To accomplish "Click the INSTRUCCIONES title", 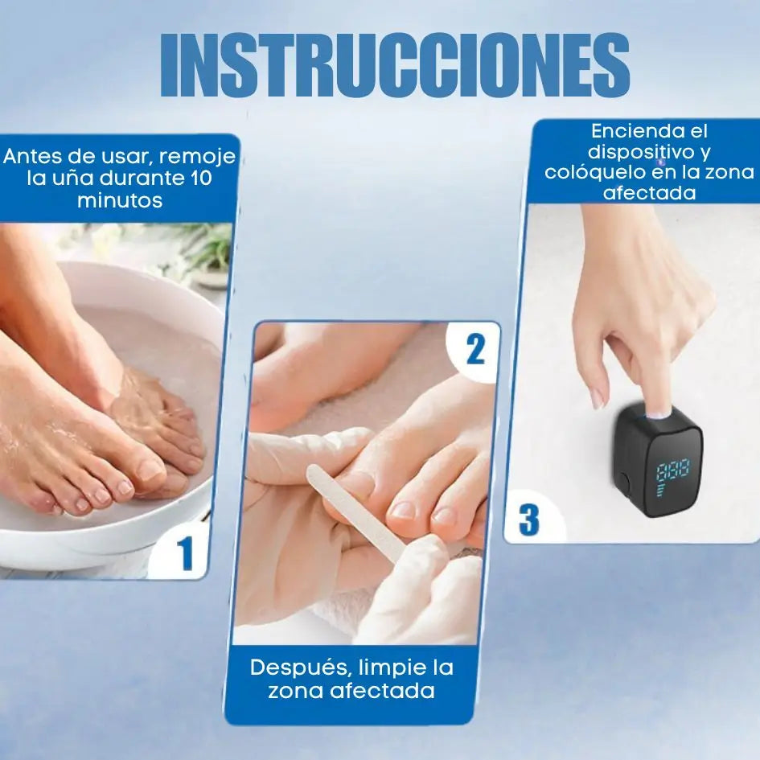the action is pos(395,64).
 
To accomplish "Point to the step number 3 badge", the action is pos(529,520).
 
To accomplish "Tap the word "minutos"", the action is pos(120,200).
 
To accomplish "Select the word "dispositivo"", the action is pos(642,152).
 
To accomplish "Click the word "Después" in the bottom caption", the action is pos(299,668).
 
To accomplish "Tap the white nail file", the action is pos(356,512).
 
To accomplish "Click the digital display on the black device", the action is pos(673,478).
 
